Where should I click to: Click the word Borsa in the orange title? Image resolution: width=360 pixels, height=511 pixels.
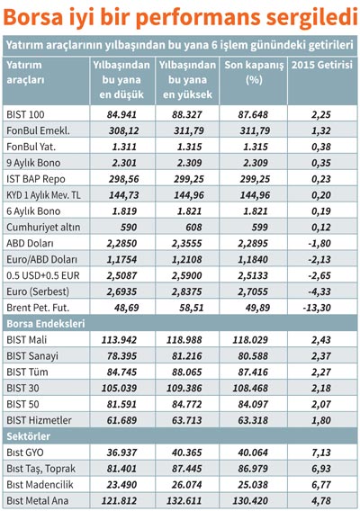(33, 16)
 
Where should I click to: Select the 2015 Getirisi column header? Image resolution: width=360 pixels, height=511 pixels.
(322, 65)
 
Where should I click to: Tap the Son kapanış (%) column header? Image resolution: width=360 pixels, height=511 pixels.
(254, 72)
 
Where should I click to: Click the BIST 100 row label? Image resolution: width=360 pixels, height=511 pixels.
(25, 114)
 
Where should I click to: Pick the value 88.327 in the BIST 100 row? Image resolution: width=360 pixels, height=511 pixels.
(187, 114)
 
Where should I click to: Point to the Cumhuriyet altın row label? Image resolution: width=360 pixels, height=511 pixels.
(43, 227)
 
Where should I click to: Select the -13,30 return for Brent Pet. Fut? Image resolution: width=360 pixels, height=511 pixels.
(317, 308)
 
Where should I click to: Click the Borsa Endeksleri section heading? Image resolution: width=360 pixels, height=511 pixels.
(46, 324)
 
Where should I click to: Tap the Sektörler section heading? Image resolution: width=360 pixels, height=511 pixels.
(29, 436)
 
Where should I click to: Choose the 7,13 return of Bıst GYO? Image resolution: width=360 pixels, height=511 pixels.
(321, 453)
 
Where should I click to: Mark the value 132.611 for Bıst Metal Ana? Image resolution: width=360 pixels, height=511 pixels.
(184, 501)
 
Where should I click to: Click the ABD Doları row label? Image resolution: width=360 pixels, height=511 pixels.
(30, 243)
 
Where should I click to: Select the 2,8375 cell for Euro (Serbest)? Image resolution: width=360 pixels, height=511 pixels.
(187, 291)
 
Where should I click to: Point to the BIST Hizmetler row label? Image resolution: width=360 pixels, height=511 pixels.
(39, 420)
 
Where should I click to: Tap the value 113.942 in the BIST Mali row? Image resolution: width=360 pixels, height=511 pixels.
(119, 340)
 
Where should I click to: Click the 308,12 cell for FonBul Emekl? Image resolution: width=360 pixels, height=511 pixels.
(124, 130)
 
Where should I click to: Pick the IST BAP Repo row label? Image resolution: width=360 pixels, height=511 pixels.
(36, 179)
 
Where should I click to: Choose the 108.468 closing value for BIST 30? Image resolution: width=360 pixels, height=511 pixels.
(250, 388)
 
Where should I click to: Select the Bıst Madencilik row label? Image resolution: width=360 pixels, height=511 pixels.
(40, 485)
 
